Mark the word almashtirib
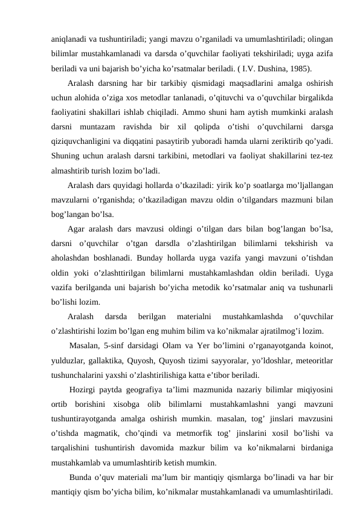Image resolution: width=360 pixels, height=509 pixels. click(x=71, y=171)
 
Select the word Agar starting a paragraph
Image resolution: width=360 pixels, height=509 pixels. click(x=77, y=230)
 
